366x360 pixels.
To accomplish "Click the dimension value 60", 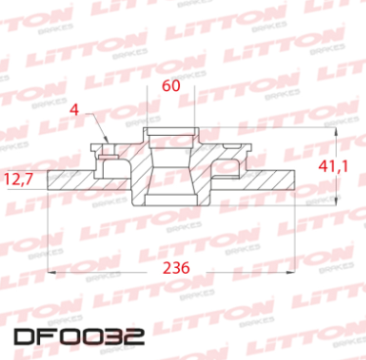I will click(170, 86).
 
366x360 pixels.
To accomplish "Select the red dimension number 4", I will click(75, 110).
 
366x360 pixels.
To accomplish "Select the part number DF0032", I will click(79, 338).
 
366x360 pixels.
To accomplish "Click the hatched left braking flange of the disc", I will click(83, 182).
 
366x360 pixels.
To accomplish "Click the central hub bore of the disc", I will click(170, 166).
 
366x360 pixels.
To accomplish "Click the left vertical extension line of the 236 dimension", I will click(48, 235).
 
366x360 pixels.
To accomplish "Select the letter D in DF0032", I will click(25, 338).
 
